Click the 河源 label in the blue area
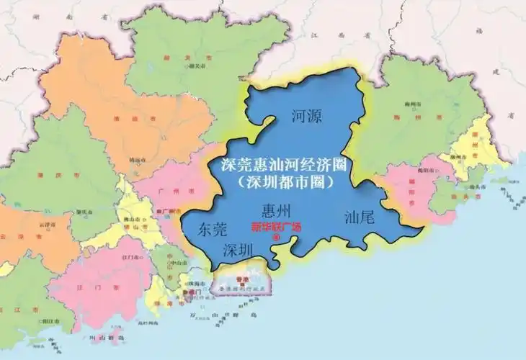click(x=307, y=115)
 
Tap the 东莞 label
click(x=212, y=230)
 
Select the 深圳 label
click(x=239, y=251)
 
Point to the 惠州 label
click(x=277, y=211)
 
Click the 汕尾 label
click(x=359, y=216)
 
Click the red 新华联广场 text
click(x=276, y=228)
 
